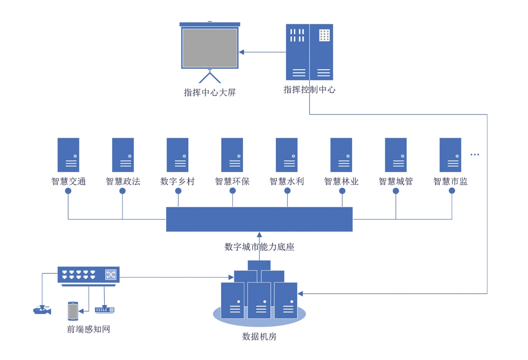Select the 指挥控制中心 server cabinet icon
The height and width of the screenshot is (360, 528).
[309, 52]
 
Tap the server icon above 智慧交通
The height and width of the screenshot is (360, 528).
[68, 155]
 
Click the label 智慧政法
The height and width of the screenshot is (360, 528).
[123, 181]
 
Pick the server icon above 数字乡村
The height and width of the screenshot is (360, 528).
[178, 155]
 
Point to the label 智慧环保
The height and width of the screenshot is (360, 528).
[232, 181]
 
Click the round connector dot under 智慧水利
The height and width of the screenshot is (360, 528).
[287, 191]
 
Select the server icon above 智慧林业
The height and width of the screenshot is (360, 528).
[341, 155]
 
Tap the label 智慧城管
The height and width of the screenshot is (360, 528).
[396, 181]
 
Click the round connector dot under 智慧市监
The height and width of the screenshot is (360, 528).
[452, 191]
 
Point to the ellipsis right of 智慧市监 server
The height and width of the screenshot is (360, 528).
[475, 155]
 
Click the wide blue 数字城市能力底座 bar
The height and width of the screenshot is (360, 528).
[259, 219]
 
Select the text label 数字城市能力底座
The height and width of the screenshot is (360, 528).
[259, 247]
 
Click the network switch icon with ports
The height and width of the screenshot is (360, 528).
[88, 275]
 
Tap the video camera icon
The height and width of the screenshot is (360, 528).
[42, 310]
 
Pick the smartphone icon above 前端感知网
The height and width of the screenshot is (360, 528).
[73, 311]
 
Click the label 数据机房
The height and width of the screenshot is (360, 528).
[259, 337]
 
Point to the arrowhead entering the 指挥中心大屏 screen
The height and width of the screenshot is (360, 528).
[241, 52]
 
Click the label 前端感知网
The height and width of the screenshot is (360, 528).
[88, 329]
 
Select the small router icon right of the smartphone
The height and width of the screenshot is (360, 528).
[105, 310]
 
